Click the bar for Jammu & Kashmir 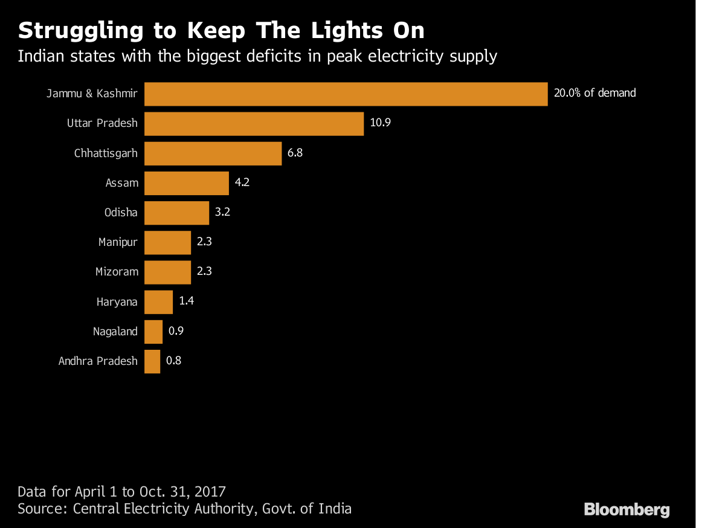(346, 94)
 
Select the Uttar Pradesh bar (254, 123)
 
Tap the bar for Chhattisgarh (213, 153)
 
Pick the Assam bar (187, 183)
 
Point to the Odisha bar (176, 213)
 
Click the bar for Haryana (158, 302)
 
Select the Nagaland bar (153, 332)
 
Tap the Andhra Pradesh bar (152, 361)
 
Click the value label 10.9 (381, 123)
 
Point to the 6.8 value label (295, 153)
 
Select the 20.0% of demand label (594, 93)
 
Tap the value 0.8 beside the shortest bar (174, 361)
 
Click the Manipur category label (118, 243)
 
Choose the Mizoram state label (117, 272)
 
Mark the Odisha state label (121, 213)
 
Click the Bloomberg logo (627, 509)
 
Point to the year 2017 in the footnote (209, 491)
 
